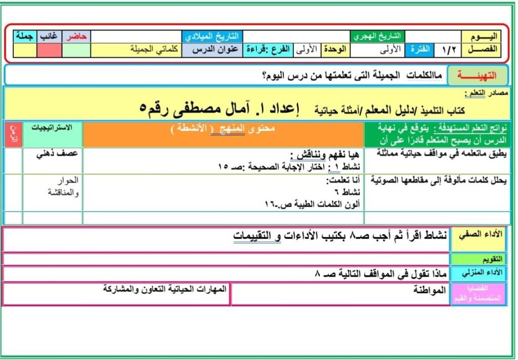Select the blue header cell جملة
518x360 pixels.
[x=24, y=36]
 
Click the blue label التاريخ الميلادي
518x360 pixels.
[x=212, y=37]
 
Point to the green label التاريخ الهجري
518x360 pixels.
[x=378, y=36]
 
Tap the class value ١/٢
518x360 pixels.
[x=448, y=50]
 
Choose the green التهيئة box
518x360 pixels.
[x=477, y=75]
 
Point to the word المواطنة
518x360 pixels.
[x=429, y=290]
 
